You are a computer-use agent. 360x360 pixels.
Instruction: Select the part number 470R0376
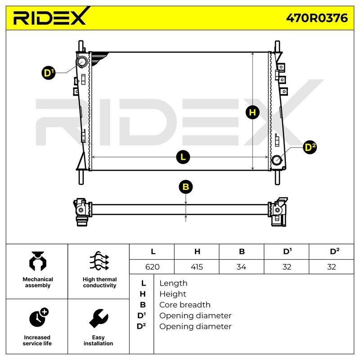click(317, 18)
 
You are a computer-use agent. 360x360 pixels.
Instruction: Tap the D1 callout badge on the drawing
click(49, 73)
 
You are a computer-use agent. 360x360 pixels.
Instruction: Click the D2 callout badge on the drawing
click(310, 147)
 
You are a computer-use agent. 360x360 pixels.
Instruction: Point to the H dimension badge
click(252, 112)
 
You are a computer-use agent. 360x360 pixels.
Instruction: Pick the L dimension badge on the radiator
click(183, 157)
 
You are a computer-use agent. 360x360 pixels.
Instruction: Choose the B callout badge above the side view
click(186, 187)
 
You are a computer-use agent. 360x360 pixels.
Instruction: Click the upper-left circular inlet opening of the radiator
click(81, 62)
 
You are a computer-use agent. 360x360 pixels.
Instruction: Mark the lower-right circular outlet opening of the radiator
click(277, 160)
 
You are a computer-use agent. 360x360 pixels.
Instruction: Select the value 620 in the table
click(153, 267)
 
